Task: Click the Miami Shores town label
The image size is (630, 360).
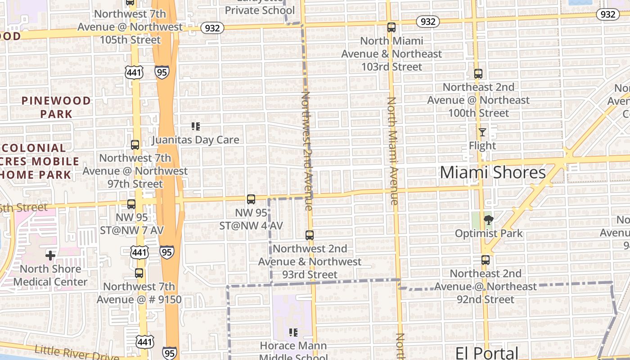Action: [493, 172]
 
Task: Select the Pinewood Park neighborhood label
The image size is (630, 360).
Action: [56, 107]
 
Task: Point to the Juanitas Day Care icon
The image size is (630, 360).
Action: [195, 126]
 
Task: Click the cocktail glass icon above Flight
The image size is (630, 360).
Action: [482, 132]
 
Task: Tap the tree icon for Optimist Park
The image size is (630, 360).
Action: [488, 220]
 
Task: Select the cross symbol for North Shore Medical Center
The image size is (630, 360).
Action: [50, 256]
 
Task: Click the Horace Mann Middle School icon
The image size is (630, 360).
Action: [293, 333]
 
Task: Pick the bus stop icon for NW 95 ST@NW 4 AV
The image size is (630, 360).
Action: [251, 199]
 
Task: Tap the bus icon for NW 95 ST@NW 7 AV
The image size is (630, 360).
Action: [131, 204]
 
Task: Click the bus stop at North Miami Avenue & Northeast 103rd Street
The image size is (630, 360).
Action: [391, 27]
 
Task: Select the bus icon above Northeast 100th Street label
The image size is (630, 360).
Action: [478, 74]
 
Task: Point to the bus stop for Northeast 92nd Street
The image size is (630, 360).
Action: [486, 260]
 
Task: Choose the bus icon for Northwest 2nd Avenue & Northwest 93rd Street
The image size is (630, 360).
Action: [310, 235]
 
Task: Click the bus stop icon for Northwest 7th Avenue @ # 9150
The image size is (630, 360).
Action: [139, 273]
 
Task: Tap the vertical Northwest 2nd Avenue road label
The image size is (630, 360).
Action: [307, 151]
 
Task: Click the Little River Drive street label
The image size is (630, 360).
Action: [76, 352]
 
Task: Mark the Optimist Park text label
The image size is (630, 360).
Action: [489, 234]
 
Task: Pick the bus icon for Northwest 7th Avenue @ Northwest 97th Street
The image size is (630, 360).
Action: [135, 145]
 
